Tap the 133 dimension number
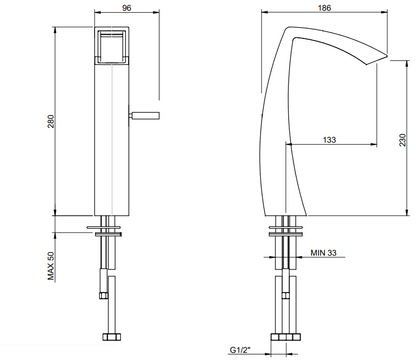click(x=331, y=141)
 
